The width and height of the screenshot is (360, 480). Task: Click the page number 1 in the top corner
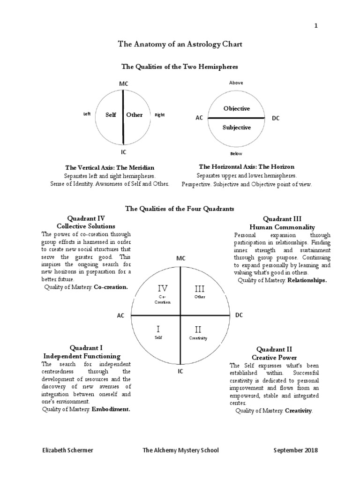click(x=316, y=26)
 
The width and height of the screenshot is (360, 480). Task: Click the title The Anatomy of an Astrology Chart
click(x=180, y=45)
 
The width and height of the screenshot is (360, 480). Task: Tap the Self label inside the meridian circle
click(x=111, y=115)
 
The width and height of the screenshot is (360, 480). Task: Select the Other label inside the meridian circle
click(x=135, y=115)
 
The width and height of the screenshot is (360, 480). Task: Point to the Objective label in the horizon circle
click(x=237, y=109)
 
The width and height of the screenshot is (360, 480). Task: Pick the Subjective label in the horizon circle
click(x=237, y=127)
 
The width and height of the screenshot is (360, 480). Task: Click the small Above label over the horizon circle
click(x=236, y=83)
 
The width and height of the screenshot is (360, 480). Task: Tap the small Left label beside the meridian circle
click(x=87, y=114)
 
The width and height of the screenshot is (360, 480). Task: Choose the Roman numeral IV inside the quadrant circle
click(x=161, y=288)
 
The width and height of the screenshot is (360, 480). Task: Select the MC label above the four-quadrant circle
click(x=181, y=259)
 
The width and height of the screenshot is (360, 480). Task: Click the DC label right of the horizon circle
click(x=276, y=119)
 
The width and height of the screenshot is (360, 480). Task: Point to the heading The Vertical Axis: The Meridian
click(x=110, y=167)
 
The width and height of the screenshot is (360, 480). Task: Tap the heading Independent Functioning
click(x=82, y=356)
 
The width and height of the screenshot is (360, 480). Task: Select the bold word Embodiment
click(x=111, y=409)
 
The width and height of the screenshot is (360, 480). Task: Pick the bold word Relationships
click(x=307, y=280)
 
